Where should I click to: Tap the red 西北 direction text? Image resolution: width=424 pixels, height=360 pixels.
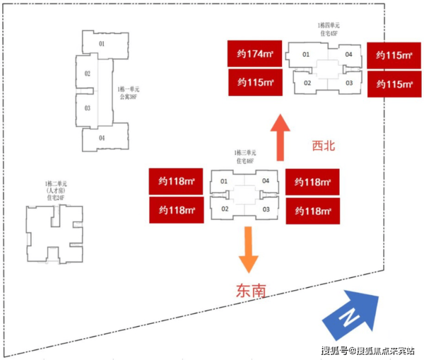323,146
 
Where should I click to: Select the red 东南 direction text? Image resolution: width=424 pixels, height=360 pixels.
251,291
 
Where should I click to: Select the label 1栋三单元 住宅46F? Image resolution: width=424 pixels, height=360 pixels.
245,156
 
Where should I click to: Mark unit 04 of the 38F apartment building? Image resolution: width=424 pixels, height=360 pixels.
101,138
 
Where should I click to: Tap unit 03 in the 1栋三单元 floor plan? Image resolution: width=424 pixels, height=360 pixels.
266,209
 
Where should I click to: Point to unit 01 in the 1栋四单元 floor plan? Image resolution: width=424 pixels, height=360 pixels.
306,54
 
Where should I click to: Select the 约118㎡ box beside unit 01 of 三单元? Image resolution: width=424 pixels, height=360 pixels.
176,182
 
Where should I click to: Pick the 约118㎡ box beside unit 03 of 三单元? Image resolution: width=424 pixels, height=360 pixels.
312,210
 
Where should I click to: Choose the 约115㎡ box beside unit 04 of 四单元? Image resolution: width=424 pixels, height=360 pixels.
394,56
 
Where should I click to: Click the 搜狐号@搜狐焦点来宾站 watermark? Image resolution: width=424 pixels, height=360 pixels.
369,350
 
